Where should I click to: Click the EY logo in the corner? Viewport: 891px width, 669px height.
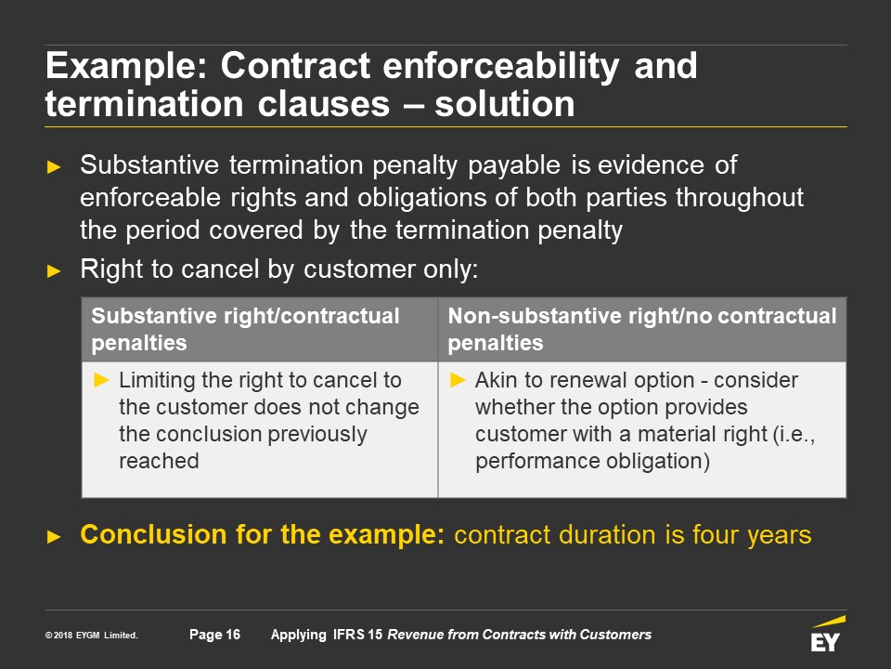click(x=828, y=633)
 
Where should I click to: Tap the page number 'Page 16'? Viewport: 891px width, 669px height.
click(x=214, y=635)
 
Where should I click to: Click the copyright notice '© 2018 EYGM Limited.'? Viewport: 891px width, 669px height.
click(x=92, y=636)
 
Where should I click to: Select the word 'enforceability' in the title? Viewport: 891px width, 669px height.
click(x=500, y=66)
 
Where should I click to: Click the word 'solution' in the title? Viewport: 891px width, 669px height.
click(x=505, y=104)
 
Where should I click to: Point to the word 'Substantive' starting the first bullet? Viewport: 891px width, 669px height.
click(x=149, y=165)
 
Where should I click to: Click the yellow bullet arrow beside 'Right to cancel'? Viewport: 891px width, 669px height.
click(x=54, y=270)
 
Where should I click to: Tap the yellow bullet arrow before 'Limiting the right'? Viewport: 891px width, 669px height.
click(x=102, y=379)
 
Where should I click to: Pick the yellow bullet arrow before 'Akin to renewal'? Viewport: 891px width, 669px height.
click(x=458, y=379)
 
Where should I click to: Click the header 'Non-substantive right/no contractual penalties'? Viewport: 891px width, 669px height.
click(x=642, y=329)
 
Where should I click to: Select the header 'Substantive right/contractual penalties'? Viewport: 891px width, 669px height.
click(x=245, y=329)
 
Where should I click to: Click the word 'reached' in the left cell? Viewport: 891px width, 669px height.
click(x=159, y=461)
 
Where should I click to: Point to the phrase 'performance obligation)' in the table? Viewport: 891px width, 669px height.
click(x=593, y=462)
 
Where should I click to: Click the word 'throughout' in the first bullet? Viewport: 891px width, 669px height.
click(x=740, y=198)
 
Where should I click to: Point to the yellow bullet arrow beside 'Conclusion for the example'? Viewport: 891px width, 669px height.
click(x=54, y=536)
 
